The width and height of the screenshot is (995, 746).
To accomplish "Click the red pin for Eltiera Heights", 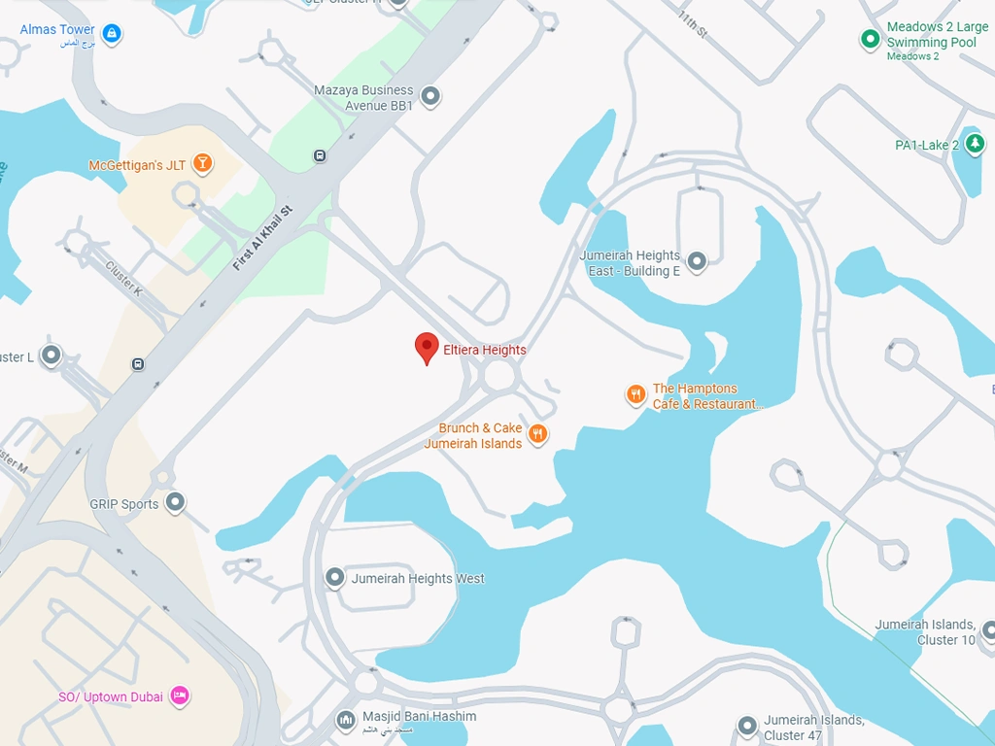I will tap(427, 347).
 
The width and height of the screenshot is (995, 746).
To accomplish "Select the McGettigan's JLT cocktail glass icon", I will tap(202, 163).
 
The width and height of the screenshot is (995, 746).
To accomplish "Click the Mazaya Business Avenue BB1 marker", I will tap(430, 96).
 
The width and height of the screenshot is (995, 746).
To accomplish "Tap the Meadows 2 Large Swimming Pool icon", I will tap(870, 40).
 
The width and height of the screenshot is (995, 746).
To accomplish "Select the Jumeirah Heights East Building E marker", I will tap(696, 261).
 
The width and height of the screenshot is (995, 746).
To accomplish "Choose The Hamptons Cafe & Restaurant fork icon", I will tap(635, 394).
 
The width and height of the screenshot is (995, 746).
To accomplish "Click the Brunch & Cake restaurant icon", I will tap(537, 434).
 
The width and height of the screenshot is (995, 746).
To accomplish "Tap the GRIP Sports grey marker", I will tap(175, 502).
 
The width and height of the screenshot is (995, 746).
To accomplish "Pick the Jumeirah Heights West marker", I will tap(335, 578).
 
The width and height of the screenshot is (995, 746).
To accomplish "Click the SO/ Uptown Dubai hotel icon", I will tap(179, 695).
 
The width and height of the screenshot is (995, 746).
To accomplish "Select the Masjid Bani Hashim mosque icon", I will tap(345, 720).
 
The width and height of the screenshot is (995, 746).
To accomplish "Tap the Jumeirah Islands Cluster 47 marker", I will tap(746, 726).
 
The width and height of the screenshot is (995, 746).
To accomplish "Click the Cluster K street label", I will tap(123, 280).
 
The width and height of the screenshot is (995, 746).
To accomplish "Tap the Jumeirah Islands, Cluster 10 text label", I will tap(924, 631).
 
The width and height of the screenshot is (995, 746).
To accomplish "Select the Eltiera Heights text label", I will tap(484, 350).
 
